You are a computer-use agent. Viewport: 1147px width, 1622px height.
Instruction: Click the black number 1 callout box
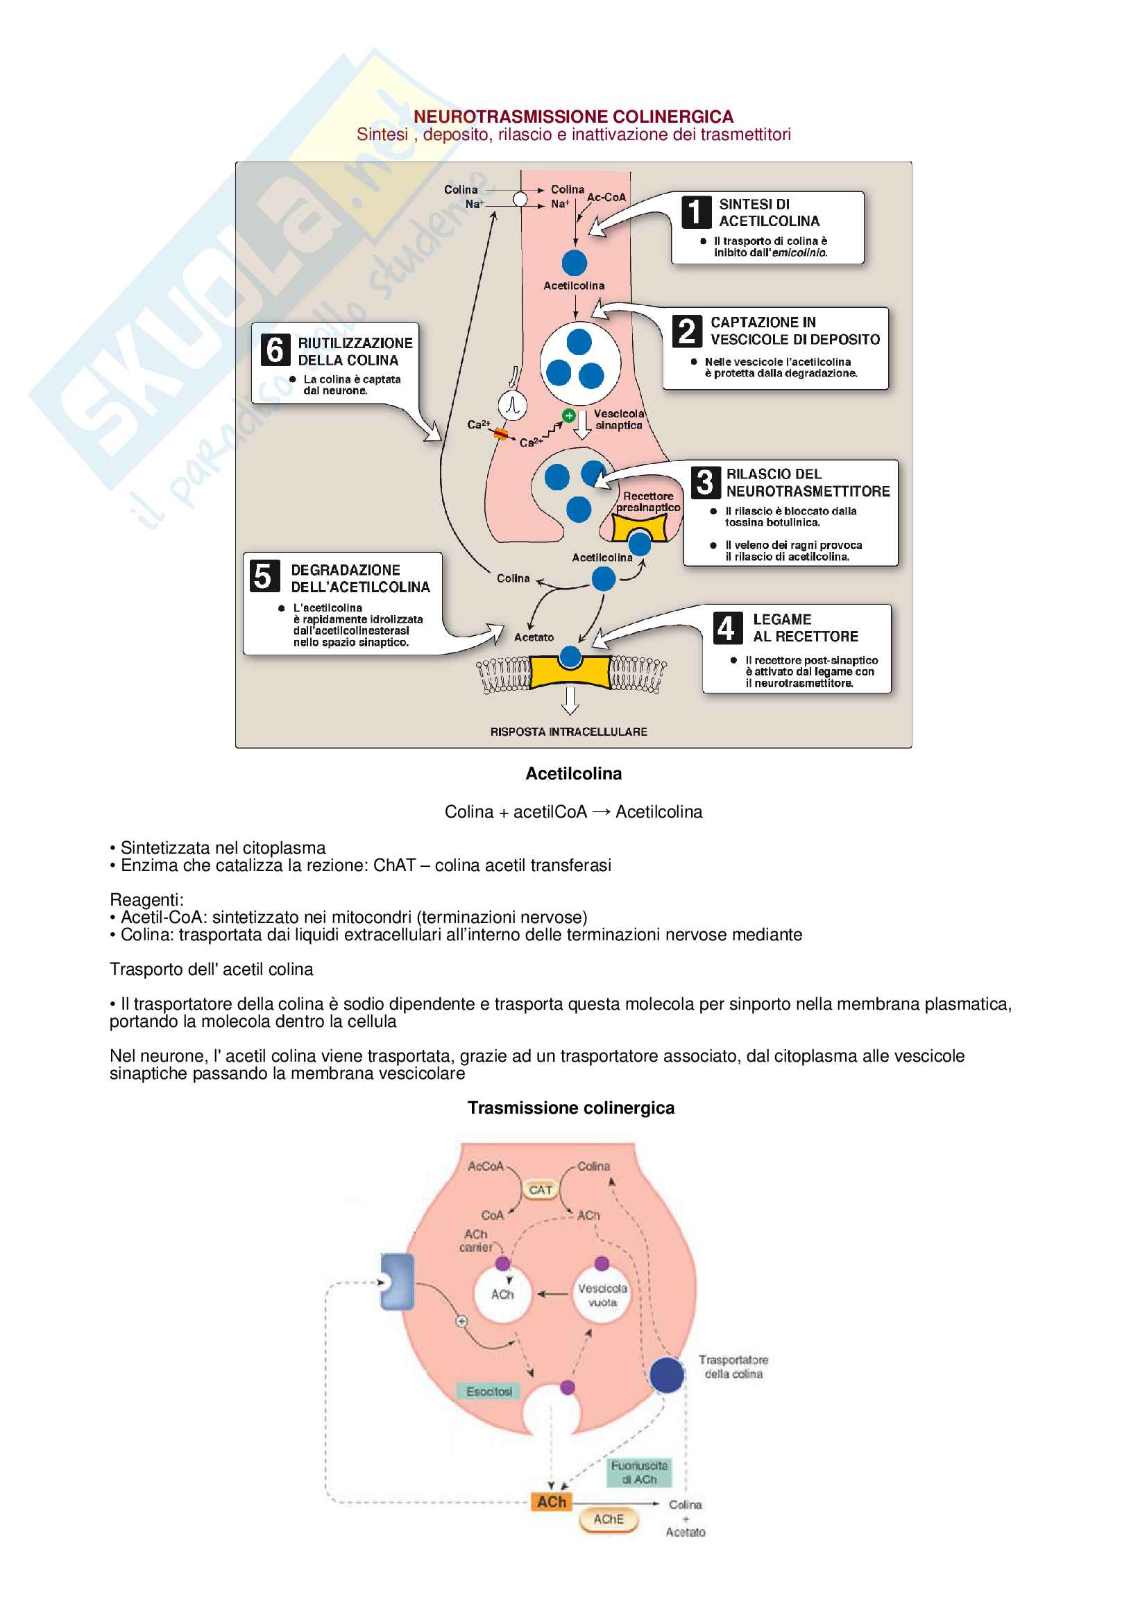point(696,212)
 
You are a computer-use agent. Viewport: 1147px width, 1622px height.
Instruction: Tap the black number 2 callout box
point(687,331)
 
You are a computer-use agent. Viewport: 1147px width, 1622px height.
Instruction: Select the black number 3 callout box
point(704,483)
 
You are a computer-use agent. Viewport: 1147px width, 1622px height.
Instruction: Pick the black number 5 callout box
point(263,576)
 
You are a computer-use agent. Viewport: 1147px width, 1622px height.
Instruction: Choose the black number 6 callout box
point(275,349)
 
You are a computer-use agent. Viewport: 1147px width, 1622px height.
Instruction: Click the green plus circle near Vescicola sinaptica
point(569,415)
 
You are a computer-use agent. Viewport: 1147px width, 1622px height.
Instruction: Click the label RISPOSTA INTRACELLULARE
point(568,732)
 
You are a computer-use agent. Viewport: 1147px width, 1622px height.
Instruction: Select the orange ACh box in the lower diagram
point(551,1502)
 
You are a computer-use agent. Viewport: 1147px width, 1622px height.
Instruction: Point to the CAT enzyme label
point(541,1191)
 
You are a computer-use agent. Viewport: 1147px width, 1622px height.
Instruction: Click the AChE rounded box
point(608,1519)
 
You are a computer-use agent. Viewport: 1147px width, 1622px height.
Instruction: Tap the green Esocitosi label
point(489,1391)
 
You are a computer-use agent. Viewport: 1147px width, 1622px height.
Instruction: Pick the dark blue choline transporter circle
point(666,1374)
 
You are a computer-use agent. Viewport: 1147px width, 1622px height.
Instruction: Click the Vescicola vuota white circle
point(602,1295)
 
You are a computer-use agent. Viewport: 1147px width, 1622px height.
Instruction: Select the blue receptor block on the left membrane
point(397,1282)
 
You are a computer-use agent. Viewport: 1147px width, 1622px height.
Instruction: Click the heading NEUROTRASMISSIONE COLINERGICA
point(573,117)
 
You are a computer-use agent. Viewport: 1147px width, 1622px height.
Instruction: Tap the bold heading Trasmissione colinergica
point(571,1107)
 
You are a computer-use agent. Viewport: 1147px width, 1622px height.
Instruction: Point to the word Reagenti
point(146,900)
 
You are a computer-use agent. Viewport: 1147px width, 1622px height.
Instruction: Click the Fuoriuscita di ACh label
point(639,1473)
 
